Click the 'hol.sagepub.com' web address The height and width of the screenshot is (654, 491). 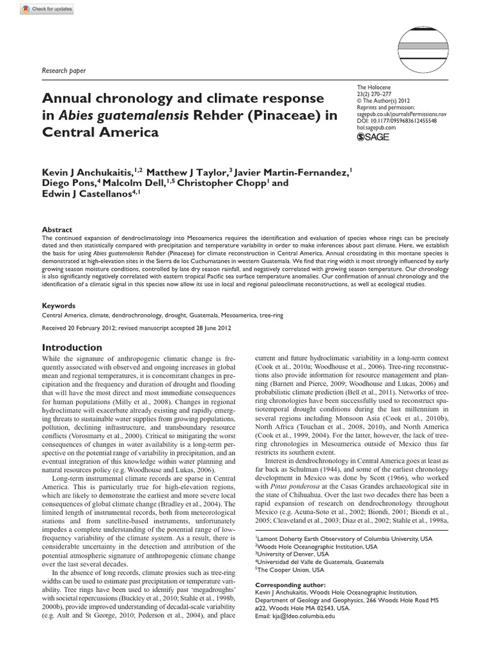click(x=377, y=128)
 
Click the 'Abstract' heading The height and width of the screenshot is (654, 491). click(x=57, y=229)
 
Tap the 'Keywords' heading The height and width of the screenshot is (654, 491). click(x=59, y=306)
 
